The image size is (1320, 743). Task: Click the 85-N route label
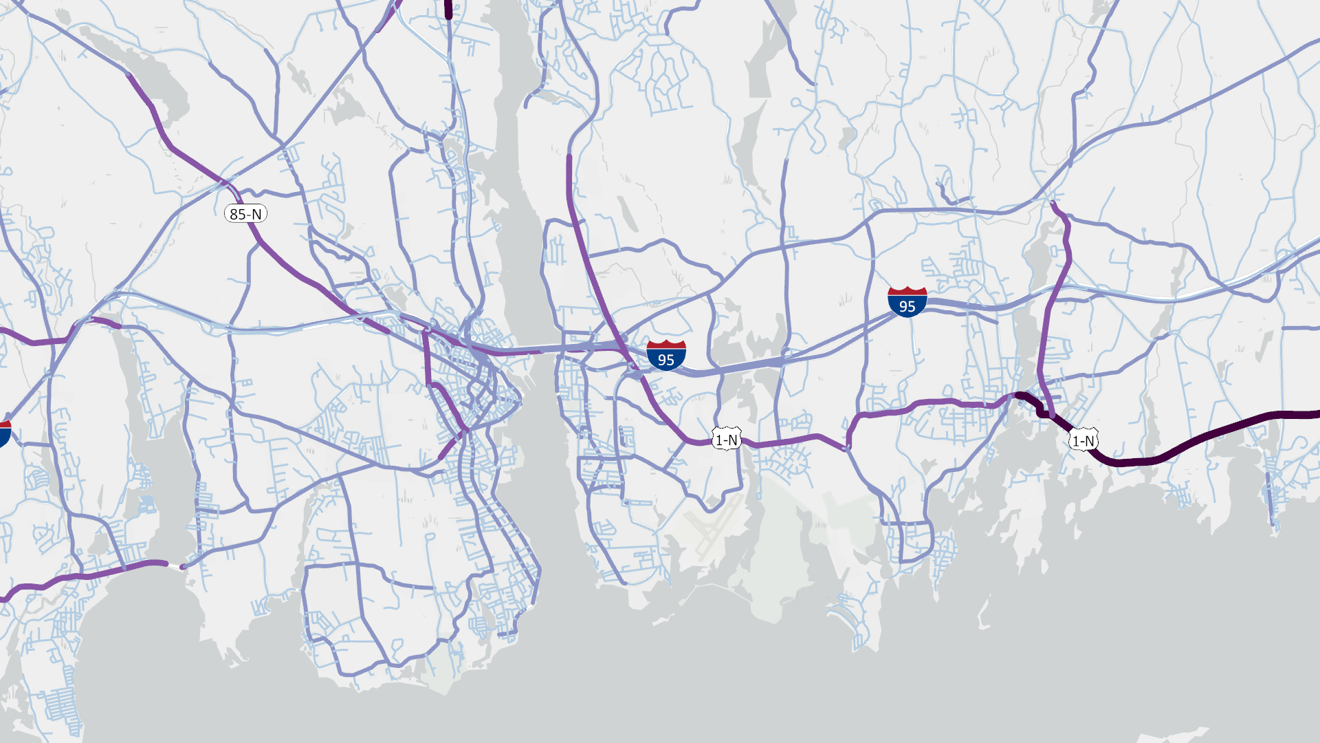tap(245, 214)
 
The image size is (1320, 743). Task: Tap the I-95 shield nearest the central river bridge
tap(665, 355)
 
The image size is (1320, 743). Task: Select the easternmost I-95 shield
tap(907, 302)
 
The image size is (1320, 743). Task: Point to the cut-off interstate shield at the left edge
tap(3, 433)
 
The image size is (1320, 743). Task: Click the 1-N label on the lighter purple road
tap(726, 439)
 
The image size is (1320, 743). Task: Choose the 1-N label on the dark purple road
tap(1083, 440)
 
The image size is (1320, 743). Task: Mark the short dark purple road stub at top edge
tap(449, 9)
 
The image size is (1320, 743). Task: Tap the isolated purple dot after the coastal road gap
tap(182, 567)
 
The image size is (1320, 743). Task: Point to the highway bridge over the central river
tap(543, 350)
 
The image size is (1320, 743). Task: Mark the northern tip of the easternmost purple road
tap(1053, 202)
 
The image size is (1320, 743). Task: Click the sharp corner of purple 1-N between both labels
tap(849, 447)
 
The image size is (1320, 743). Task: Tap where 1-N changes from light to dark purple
tap(1016, 396)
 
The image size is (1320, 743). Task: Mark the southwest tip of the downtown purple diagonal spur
tap(441, 457)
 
